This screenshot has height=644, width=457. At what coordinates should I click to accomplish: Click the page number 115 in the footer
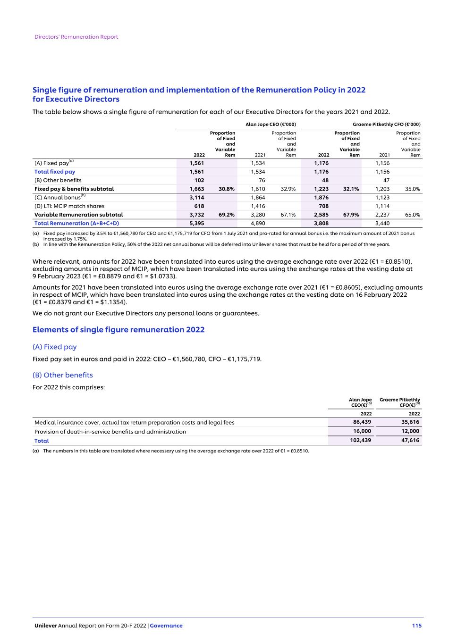416,626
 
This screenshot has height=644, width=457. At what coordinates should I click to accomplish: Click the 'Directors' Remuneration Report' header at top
76,37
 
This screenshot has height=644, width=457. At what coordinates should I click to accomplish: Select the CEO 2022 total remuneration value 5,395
196,223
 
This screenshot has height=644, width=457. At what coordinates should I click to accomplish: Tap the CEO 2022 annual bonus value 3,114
196,198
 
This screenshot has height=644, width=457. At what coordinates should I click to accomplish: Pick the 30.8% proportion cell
227,189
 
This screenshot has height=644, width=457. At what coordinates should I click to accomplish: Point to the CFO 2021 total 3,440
382,223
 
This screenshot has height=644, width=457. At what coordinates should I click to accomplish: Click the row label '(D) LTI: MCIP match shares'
69,206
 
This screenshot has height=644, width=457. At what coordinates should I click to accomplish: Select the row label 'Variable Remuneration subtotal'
78,215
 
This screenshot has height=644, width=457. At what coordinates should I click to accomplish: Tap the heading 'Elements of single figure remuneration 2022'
118,330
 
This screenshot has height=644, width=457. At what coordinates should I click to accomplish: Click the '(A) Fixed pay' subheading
54,347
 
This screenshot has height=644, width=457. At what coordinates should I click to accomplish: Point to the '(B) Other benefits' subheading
62,375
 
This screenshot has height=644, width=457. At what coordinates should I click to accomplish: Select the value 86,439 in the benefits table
362,422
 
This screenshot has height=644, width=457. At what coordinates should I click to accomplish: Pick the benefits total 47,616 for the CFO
410,440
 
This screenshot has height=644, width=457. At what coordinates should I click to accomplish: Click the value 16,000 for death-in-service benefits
362,431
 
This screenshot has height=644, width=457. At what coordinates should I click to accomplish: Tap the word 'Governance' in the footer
166,626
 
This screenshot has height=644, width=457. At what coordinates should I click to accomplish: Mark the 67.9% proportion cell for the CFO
351,215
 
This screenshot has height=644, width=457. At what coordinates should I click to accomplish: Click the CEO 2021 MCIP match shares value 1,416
258,206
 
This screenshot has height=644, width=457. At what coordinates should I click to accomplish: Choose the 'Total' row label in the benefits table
42,441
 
